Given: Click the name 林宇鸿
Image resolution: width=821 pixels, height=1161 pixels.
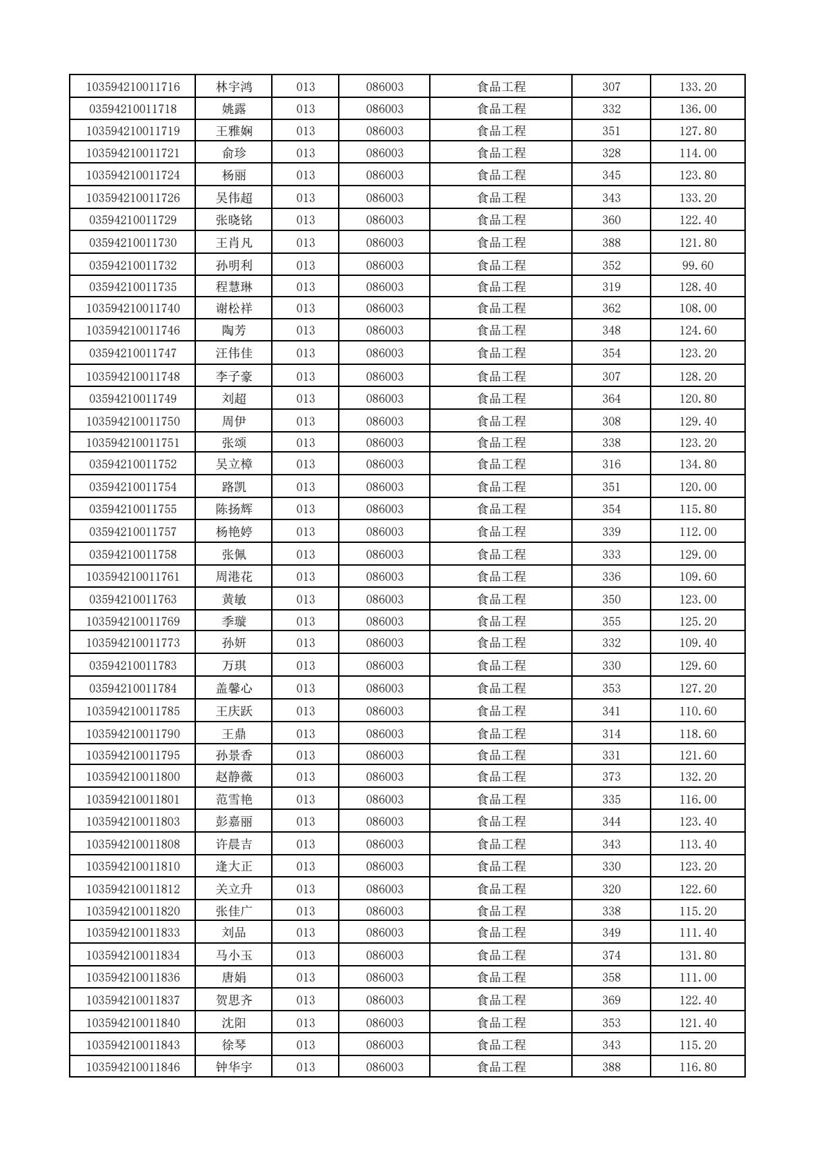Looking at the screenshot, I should pos(234,87).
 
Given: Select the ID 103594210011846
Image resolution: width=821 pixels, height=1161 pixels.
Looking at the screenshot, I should pos(132,1067).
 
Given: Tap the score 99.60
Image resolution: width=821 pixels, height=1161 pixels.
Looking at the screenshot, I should pos(698,266).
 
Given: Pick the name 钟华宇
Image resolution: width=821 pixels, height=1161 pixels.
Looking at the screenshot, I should pos(234,1067).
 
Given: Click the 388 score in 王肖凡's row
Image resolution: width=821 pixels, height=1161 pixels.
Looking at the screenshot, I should pos(611,243).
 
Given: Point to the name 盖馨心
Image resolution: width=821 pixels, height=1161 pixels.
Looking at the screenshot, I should pos(234,688).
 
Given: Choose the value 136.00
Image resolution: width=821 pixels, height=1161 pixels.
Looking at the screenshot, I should pos(698,109).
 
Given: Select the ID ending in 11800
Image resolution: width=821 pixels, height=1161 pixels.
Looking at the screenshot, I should pos(132,777).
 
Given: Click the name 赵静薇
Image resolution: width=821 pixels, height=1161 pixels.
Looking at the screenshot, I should pos(234,777).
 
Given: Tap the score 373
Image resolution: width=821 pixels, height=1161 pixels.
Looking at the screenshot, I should pos(611,777).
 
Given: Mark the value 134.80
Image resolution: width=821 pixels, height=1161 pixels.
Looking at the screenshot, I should pos(698,464).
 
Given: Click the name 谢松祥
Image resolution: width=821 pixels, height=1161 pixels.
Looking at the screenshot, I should pos(234,308).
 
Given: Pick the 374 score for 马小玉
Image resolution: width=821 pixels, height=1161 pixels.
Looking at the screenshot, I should pos(611,955).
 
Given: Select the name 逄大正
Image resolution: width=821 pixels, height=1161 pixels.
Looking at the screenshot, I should pos(234,866).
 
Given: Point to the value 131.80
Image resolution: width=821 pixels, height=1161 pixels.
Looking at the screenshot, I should pos(698,955).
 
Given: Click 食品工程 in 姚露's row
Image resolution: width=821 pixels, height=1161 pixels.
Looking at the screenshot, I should pos(501,109).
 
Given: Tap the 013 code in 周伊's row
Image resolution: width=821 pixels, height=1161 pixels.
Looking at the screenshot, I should pos(305,421).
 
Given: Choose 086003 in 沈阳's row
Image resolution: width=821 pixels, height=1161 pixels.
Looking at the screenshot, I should pos(384,1023).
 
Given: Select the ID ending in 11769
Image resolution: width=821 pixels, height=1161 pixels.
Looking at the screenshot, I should pos(132,622).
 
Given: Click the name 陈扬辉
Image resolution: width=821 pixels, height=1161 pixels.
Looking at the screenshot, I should pos(234,509).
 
